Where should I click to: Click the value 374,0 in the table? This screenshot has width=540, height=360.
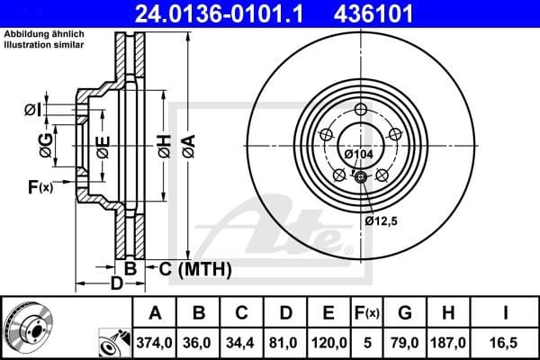[155, 342]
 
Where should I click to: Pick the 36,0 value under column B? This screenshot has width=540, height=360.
[199, 342]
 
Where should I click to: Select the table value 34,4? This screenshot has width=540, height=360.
[242, 342]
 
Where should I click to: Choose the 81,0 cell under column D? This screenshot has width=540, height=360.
[285, 342]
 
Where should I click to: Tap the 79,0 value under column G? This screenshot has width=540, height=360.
[405, 342]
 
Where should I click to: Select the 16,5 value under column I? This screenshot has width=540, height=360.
[508, 342]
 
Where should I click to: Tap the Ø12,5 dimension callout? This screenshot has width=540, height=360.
[382, 219]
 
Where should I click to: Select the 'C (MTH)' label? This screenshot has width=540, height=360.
[195, 268]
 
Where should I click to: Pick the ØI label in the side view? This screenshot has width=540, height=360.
[32, 109]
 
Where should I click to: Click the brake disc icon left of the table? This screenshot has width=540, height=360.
[27, 328]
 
